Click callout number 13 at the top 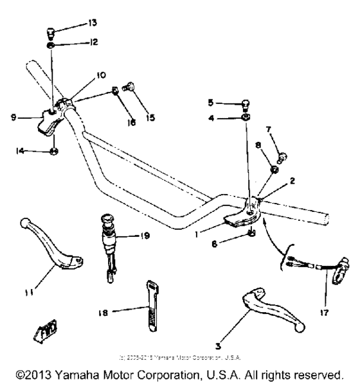click(93, 23)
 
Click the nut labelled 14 click(55, 152)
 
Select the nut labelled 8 click(273, 170)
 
